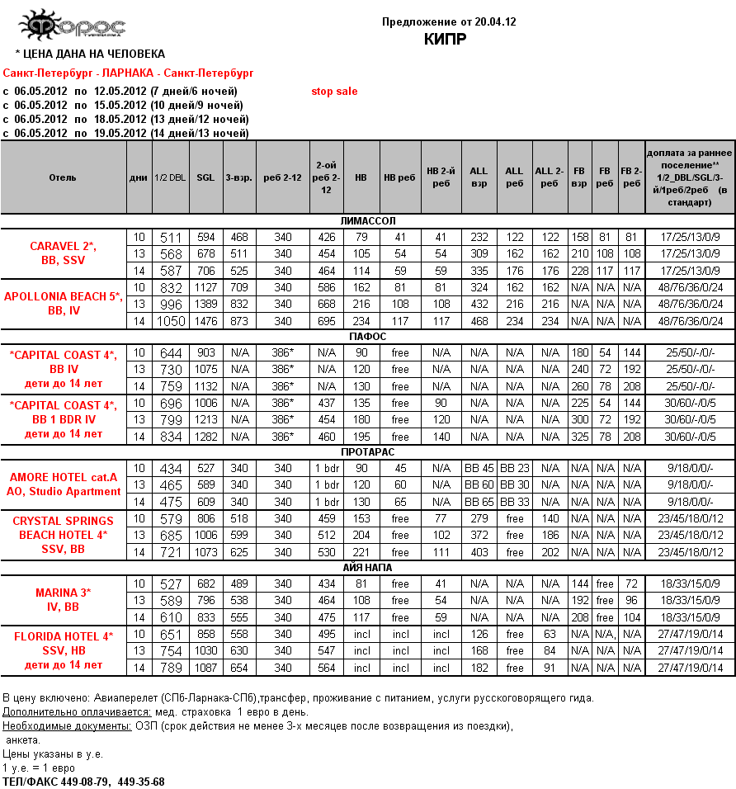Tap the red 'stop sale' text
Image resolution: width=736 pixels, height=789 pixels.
point(334,92)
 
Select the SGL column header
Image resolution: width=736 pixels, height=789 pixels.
point(205,177)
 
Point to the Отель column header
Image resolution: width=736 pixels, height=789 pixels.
point(63,177)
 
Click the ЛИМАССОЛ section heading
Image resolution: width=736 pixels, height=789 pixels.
point(368,221)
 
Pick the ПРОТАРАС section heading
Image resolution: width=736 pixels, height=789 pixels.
point(368,452)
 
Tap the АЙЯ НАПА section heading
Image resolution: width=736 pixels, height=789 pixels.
point(368,568)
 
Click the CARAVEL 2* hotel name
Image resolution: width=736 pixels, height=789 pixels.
point(63,246)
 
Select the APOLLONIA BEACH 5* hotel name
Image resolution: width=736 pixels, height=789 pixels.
point(63,296)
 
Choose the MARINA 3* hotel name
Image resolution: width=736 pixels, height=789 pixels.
point(63,593)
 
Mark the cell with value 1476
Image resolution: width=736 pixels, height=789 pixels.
point(205,321)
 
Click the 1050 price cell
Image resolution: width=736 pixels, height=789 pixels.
point(171,321)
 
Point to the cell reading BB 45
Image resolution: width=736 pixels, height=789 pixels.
point(479,469)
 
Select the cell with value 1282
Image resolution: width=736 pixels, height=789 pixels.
point(205,437)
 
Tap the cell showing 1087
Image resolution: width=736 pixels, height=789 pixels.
point(205,668)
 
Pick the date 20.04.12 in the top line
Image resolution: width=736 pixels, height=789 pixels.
point(494,22)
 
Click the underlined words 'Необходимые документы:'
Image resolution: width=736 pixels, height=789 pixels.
point(67,726)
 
